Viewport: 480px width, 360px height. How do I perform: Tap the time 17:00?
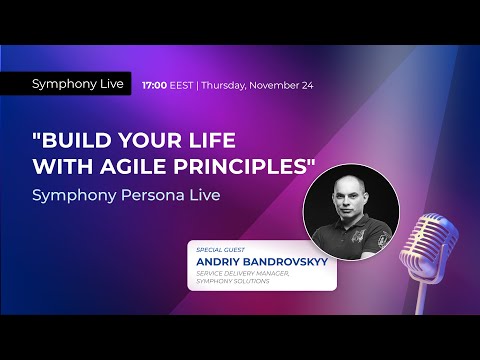point(155,85)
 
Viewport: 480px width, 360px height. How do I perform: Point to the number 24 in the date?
point(307,85)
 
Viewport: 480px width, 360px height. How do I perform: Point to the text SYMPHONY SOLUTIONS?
point(228,280)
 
